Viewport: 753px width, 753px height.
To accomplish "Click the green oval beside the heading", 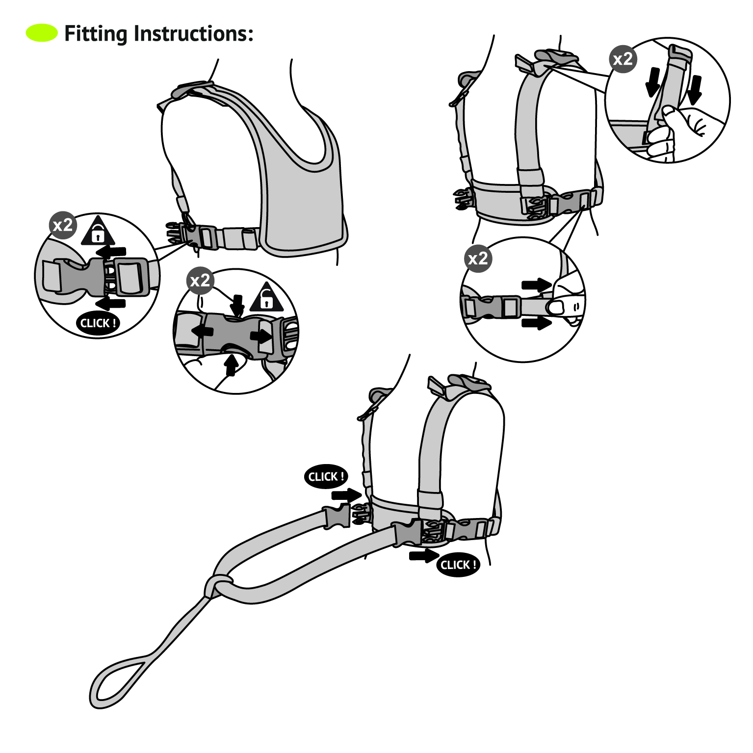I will [x=42, y=33].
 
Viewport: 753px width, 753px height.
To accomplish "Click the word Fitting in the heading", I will [x=96, y=34].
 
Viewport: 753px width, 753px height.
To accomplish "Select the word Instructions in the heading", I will [x=193, y=33].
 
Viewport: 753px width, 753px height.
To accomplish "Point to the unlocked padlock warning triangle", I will [x=266, y=298].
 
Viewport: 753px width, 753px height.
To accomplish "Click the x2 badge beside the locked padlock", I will [x=63, y=225].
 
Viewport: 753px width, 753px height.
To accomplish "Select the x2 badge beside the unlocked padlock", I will [x=200, y=281].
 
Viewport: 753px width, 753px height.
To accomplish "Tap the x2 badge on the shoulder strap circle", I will [x=623, y=59].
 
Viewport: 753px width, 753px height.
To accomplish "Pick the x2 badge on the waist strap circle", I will [x=478, y=258].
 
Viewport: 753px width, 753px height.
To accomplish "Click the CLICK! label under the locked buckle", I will [x=98, y=323].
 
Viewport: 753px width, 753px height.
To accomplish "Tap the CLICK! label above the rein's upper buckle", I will [x=326, y=476].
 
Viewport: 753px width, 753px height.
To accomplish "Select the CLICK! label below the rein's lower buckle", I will [x=458, y=565].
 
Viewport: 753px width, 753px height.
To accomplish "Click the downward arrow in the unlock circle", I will [x=238, y=305].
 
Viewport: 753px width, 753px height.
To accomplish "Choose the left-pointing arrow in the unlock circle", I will [x=202, y=331].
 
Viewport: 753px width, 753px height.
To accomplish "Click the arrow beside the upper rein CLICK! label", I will [x=346, y=494].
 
